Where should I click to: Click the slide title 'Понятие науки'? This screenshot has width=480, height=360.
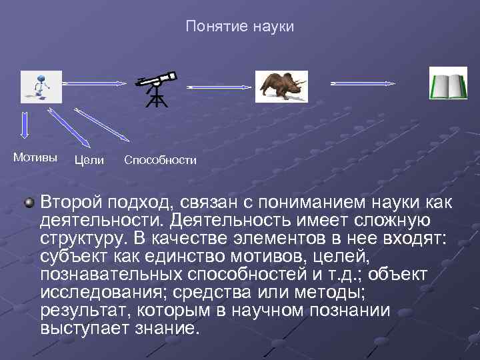(x=240, y=27)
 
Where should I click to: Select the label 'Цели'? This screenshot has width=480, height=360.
(x=89, y=160)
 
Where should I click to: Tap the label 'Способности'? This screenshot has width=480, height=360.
(x=160, y=160)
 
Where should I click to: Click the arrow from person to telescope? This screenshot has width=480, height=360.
(x=93, y=83)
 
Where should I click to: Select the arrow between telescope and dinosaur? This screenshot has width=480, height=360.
(x=220, y=87)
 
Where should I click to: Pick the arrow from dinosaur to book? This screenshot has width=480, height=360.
(x=363, y=83)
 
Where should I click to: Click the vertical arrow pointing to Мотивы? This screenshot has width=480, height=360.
(x=25, y=126)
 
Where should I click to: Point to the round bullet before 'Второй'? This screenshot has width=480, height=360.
(x=29, y=202)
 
